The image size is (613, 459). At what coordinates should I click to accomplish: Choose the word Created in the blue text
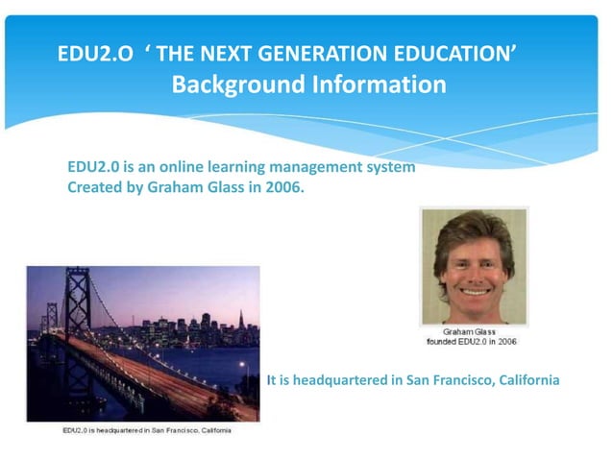93,187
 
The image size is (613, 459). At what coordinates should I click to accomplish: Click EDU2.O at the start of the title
96,53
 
